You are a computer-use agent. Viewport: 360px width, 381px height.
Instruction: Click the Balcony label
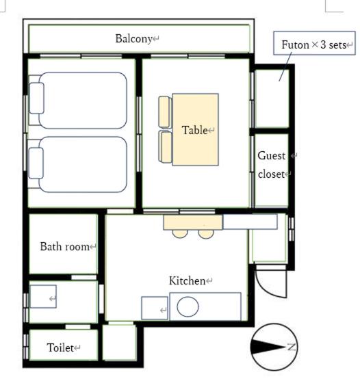coord(133,38)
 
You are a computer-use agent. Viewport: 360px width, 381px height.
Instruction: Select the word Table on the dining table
coord(194,130)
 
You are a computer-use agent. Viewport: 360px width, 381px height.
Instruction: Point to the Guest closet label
coord(271,165)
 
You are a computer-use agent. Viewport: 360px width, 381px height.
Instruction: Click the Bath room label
coord(64,246)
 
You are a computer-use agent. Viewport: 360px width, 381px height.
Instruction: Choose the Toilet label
coord(60,347)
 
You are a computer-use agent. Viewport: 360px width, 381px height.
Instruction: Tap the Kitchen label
coord(187,280)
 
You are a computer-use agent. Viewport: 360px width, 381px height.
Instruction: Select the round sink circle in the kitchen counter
coord(188,306)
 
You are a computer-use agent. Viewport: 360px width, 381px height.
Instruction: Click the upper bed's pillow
coord(36,98)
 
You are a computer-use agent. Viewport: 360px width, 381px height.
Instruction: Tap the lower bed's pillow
coord(36,163)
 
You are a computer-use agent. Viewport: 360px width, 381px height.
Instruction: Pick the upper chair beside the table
coord(165,112)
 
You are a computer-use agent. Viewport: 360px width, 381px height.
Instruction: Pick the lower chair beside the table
coord(166,147)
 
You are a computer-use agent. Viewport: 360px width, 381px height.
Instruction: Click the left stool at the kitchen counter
coord(180,233)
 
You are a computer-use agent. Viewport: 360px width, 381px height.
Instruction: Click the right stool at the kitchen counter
coord(206,233)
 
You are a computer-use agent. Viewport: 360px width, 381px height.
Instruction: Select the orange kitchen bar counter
coord(193,222)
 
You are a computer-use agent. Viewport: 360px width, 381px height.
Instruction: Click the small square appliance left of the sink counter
coord(155,308)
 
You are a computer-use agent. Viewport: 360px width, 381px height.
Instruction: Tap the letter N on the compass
coord(291,347)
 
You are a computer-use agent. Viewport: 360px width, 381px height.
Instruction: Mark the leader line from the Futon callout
coord(285,66)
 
